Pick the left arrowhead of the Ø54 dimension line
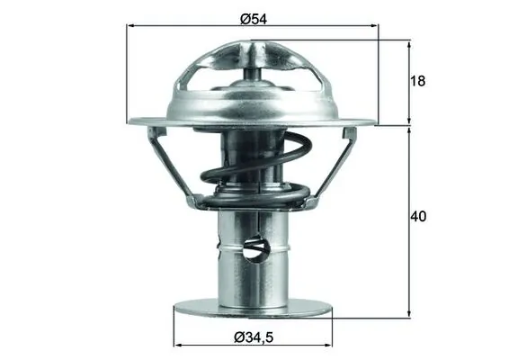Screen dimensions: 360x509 point(130,28)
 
